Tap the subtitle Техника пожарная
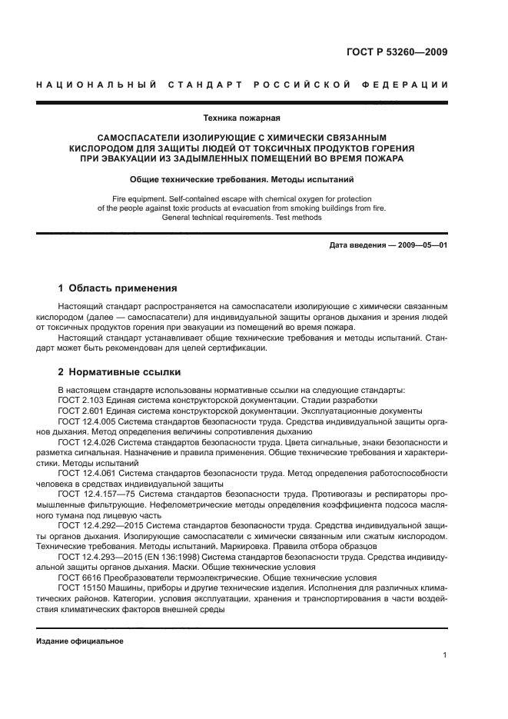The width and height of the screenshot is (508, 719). tap(241, 118)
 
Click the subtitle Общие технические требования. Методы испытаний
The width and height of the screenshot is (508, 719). tap(241, 179)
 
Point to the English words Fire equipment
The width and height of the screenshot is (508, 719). tap(139, 198)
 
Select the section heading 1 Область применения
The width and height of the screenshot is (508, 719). tap(118, 288)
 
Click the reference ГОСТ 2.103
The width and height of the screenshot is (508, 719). tap(79, 400)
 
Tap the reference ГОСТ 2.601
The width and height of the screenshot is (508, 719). tap(79, 411)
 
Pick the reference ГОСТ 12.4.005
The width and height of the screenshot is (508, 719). tap(85, 421)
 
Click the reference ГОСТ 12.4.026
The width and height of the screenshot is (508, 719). tap(85, 443)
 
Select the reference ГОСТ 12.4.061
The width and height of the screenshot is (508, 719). tap(85, 474)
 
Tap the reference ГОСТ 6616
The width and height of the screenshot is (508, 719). tap(75, 577)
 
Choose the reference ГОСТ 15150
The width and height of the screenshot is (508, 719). tap(78, 588)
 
